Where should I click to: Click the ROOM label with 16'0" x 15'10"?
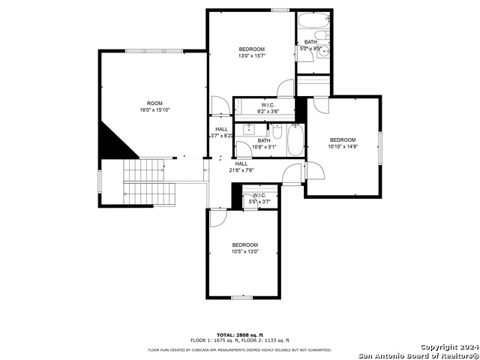(x=154, y=106)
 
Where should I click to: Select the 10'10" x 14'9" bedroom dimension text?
(x=343, y=146)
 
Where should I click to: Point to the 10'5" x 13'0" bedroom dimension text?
(x=244, y=251)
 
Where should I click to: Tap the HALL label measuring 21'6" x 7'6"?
(x=241, y=166)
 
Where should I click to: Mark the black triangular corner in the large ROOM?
(x=112, y=141)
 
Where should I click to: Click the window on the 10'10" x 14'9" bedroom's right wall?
(x=380, y=151)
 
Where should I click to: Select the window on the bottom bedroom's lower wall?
(x=241, y=298)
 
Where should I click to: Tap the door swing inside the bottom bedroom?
(x=217, y=218)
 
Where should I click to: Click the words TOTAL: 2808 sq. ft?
(x=240, y=334)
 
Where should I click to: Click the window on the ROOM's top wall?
(x=153, y=51)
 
